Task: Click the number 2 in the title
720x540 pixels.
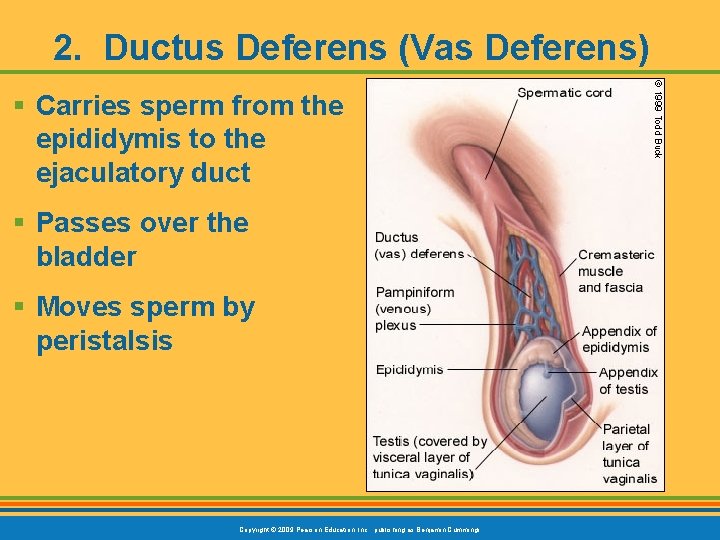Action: [x=65, y=47]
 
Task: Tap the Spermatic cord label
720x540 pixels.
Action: [x=564, y=93]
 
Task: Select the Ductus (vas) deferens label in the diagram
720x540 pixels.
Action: [x=419, y=245]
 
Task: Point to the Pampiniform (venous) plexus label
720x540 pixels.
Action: [x=415, y=308]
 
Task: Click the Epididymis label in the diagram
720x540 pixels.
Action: [x=409, y=369]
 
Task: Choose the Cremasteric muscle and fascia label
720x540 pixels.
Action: [x=615, y=271]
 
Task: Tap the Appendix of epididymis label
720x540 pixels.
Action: [x=619, y=339]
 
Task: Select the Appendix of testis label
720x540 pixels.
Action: [x=628, y=381]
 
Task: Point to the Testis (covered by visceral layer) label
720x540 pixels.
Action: [x=429, y=457]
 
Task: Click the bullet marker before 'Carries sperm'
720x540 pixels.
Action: [x=20, y=106]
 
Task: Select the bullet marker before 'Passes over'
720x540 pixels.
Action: [x=20, y=223]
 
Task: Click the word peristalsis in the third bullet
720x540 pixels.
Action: [x=104, y=341]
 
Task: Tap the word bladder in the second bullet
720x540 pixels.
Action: [x=86, y=256]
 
